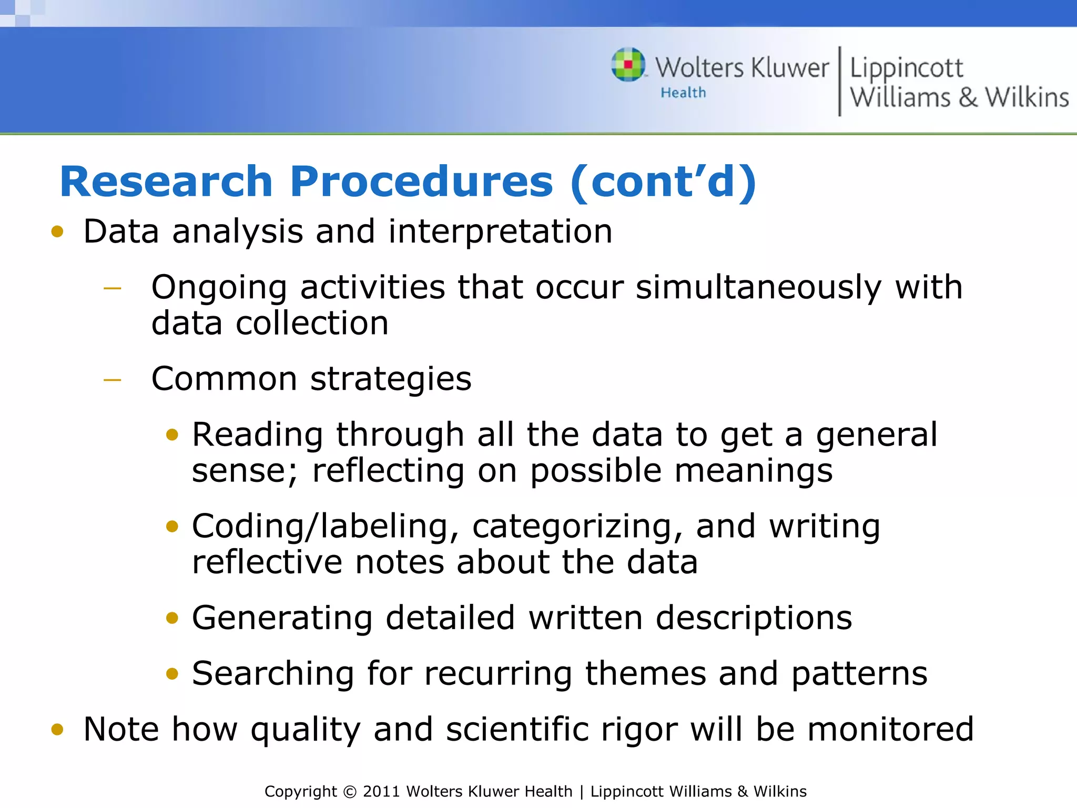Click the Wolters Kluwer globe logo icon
click(628, 65)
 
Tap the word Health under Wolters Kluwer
click(683, 93)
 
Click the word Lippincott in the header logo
click(906, 68)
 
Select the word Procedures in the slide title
click(421, 181)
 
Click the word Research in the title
click(166, 181)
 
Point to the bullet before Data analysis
click(57, 232)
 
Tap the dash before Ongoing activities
click(113, 288)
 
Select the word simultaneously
click(758, 288)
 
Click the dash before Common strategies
click(113, 380)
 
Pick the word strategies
click(391, 379)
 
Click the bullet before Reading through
click(172, 435)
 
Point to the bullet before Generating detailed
click(172, 618)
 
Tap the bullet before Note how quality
click(57, 730)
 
